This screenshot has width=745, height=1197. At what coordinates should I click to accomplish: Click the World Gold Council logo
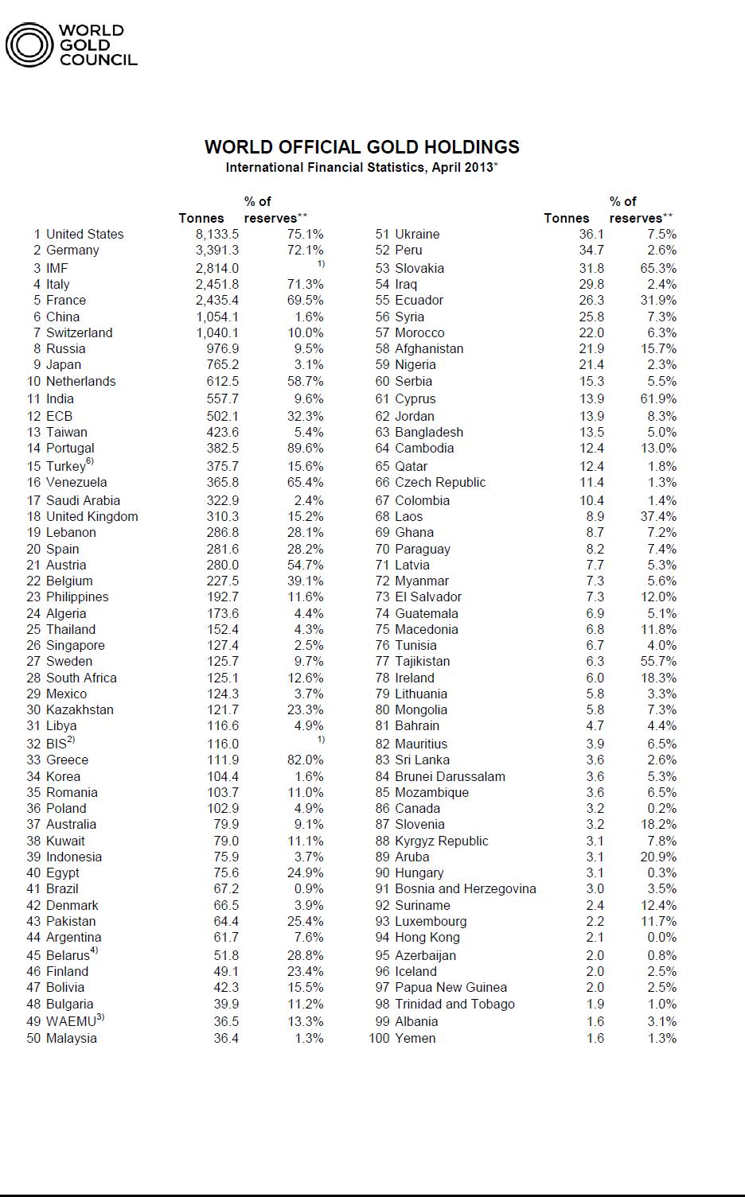pos(72,45)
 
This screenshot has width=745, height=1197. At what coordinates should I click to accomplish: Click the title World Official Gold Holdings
pos(362,147)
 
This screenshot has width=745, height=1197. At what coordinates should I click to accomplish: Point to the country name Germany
pos(72,250)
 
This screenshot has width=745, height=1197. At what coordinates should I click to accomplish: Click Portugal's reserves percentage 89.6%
pos(306,448)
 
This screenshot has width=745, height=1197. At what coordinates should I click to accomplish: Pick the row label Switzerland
pos(79,332)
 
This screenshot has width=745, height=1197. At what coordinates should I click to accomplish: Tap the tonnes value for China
pos(217,317)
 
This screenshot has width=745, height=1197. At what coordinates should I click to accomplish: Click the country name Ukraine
pos(417,234)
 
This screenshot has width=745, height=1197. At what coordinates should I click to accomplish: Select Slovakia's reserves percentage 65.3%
pos(658,268)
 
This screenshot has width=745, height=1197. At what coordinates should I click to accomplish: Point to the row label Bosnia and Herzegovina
pos(466,888)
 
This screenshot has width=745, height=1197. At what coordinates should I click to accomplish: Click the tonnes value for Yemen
pos(595,1038)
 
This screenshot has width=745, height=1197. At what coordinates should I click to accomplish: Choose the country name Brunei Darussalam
pos(450,776)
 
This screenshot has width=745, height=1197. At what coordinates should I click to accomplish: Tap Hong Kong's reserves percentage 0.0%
pos(661,937)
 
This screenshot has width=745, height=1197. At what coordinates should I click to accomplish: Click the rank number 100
pos(379,1038)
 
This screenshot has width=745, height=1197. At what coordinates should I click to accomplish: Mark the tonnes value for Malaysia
pos(226,1038)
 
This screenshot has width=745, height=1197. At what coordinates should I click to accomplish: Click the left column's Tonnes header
pos(201,218)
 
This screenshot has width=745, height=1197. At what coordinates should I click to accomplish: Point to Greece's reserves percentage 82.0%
pos(306,760)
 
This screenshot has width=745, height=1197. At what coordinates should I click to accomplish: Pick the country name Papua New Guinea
pos(451,987)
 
